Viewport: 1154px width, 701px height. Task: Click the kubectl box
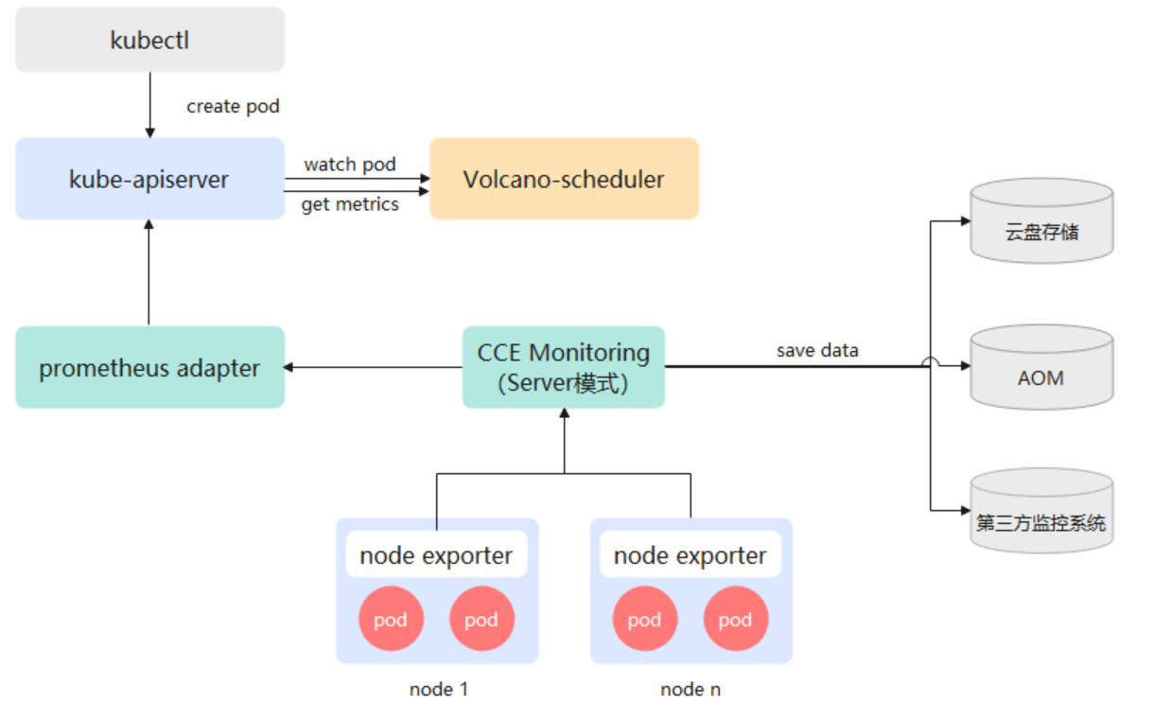[x=149, y=40]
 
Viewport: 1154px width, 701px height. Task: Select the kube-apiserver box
[x=149, y=179]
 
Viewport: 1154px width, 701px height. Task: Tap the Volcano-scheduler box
[x=564, y=179]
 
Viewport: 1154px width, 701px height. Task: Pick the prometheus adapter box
[x=149, y=367]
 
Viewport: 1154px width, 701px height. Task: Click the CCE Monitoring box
[x=564, y=367]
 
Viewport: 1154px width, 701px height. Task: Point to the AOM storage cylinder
[x=1041, y=367]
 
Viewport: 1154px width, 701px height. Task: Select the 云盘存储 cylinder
[x=1041, y=221]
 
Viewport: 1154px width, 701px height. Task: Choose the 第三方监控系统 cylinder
[x=1041, y=511]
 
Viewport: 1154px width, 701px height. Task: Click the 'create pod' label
[x=233, y=107]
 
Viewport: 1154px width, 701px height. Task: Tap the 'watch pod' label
[x=350, y=165]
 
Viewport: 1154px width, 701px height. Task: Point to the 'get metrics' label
[x=350, y=204]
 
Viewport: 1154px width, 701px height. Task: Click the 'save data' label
[x=817, y=350]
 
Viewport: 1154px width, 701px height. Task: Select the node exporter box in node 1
[x=436, y=554]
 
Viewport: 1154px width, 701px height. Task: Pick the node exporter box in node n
[x=691, y=554]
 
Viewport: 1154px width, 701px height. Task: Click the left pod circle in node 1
[x=391, y=619]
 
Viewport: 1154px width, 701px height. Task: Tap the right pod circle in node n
[x=736, y=619]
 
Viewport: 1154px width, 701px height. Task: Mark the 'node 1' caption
[x=438, y=689]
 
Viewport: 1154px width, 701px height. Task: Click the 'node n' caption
[x=691, y=689]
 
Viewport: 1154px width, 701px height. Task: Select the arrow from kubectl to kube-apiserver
[x=149, y=105]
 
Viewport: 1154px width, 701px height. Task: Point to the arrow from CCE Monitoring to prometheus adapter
[x=374, y=367]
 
